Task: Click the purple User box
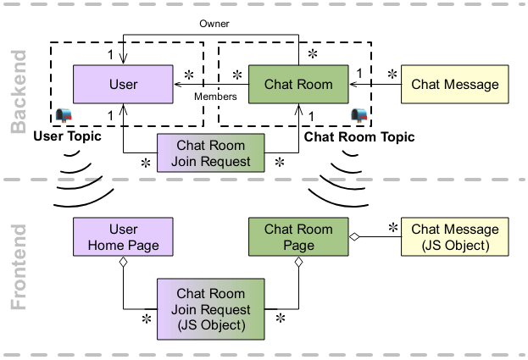click(x=124, y=85)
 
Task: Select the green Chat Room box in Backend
click(x=297, y=85)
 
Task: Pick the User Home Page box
click(x=124, y=237)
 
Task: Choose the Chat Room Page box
click(x=297, y=237)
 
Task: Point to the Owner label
click(x=214, y=24)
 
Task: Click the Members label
click(x=215, y=97)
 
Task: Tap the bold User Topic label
click(x=68, y=136)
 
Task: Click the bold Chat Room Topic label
click(x=359, y=136)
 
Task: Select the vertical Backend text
click(x=19, y=91)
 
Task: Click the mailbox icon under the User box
click(x=62, y=115)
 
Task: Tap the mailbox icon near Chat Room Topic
click(x=359, y=114)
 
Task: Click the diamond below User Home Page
click(x=124, y=264)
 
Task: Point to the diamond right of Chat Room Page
click(x=354, y=238)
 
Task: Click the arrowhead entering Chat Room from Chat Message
click(x=352, y=85)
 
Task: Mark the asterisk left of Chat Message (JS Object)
click(x=392, y=227)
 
